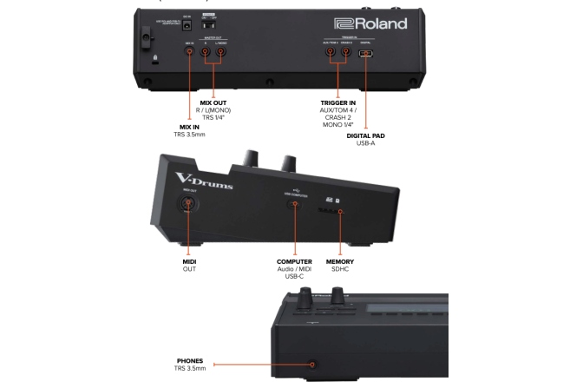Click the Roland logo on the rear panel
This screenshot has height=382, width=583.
tap(370, 23)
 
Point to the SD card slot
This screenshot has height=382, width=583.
tap(338, 211)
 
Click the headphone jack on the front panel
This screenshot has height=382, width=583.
tap(313, 365)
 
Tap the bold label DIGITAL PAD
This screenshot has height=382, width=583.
tap(366, 135)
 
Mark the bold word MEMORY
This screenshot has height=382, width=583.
tap(339, 261)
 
